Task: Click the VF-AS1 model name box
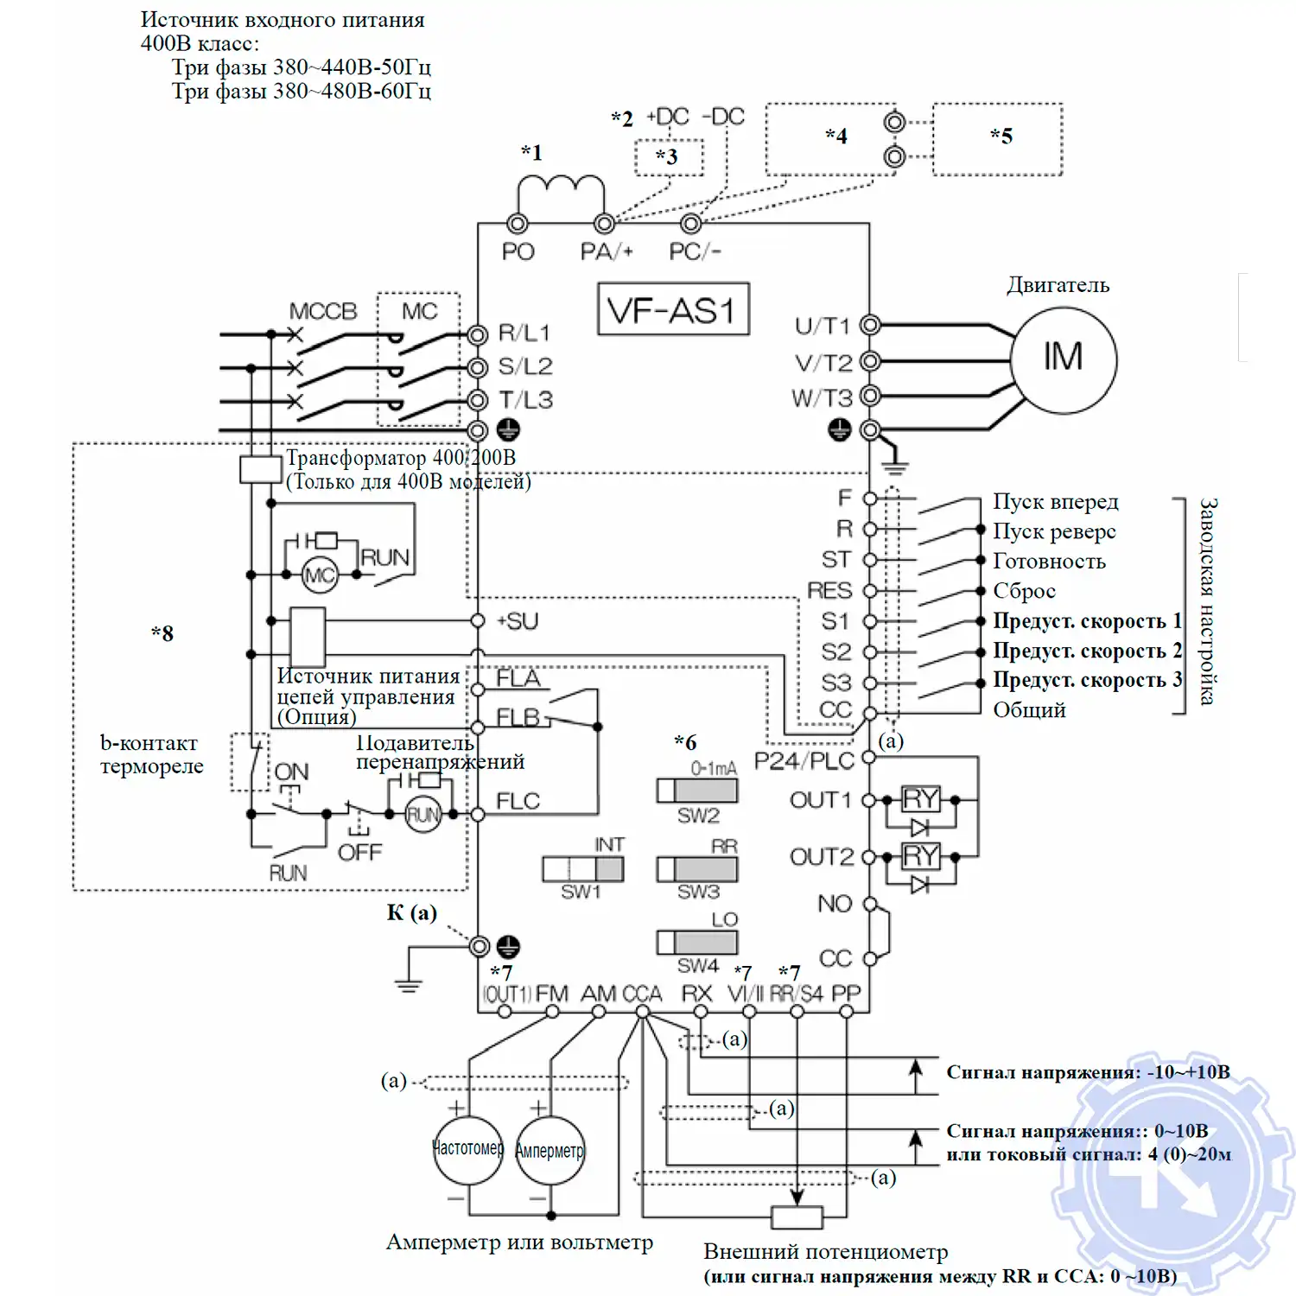tap(673, 308)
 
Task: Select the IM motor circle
tap(1064, 358)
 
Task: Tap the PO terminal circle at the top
tap(518, 224)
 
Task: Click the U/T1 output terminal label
tap(823, 326)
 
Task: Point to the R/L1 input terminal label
tap(524, 334)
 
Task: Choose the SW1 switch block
tap(582, 868)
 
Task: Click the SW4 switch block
tap(697, 942)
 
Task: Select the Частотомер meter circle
tap(467, 1149)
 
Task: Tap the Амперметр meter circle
tap(550, 1150)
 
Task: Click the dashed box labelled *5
tap(998, 139)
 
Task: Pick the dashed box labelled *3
tap(669, 157)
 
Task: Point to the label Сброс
tap(1024, 591)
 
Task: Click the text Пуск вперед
tap(1055, 502)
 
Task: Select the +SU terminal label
tap(518, 621)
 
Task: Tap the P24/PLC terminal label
tap(804, 760)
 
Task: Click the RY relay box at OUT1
tap(920, 799)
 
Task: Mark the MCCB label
tap(322, 311)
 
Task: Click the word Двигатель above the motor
tap(1058, 285)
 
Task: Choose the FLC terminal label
tap(518, 802)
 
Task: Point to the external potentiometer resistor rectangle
tap(797, 1217)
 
